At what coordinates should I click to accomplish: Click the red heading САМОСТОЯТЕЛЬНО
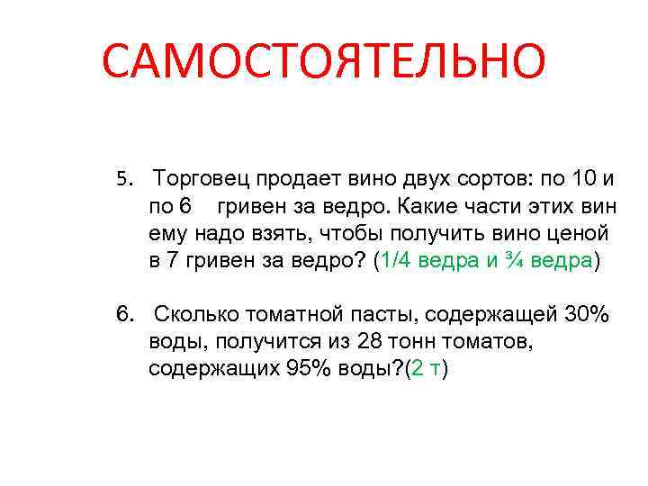point(323,61)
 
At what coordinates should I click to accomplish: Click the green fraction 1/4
point(396,261)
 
